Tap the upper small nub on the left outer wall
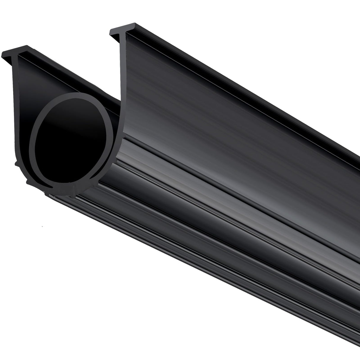[x=15, y=162]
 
